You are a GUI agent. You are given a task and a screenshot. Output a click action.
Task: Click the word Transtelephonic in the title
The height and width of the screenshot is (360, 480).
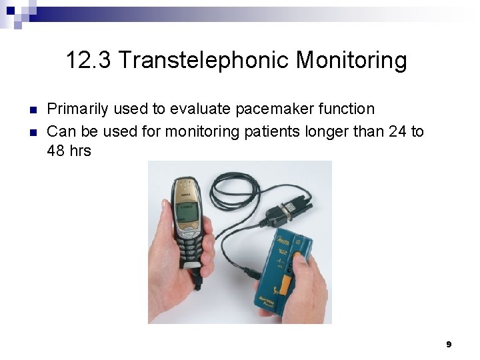(x=204, y=61)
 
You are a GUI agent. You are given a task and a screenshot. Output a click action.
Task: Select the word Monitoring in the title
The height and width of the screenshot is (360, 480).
(x=351, y=61)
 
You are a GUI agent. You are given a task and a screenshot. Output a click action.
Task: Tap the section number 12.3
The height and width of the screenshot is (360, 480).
(x=89, y=61)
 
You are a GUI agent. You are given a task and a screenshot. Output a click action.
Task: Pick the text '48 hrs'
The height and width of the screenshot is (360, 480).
(x=69, y=151)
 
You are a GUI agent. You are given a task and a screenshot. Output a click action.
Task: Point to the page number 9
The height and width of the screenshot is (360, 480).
(x=449, y=344)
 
